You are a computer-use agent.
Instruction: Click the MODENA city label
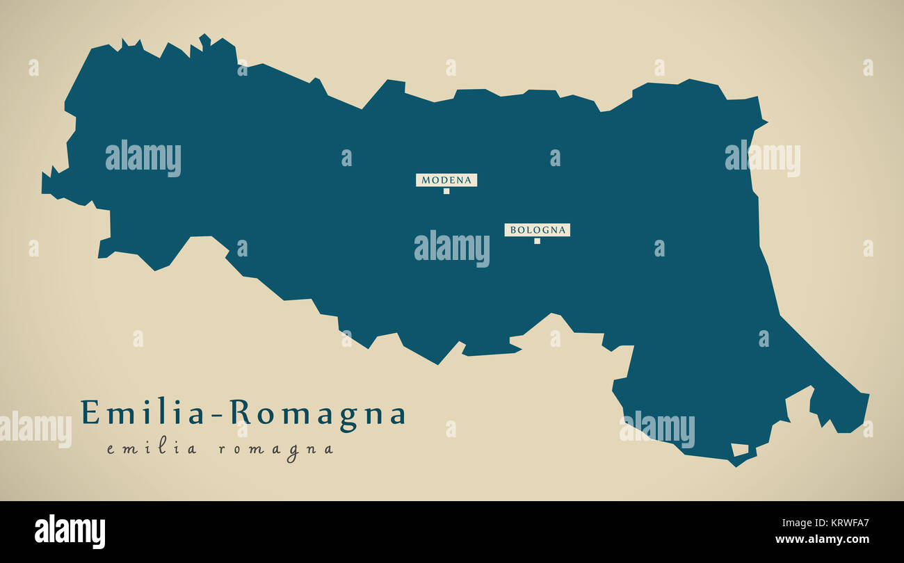(446, 180)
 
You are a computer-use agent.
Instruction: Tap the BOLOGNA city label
(537, 230)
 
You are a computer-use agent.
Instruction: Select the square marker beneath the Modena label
(446, 191)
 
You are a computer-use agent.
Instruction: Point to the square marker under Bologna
(537, 241)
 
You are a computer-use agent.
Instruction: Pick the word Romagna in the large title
(318, 414)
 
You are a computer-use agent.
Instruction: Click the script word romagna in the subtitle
(276, 450)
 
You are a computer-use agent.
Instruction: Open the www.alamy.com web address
(822, 539)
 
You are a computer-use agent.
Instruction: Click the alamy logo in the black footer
(70, 532)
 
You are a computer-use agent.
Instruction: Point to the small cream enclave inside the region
(739, 450)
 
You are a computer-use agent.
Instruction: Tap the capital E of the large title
(90, 412)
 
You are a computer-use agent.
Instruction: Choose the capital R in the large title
(240, 412)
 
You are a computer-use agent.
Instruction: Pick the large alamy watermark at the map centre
(451, 248)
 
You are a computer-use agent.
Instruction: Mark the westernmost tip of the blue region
(42, 183)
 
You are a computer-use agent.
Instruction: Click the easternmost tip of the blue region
(869, 395)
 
